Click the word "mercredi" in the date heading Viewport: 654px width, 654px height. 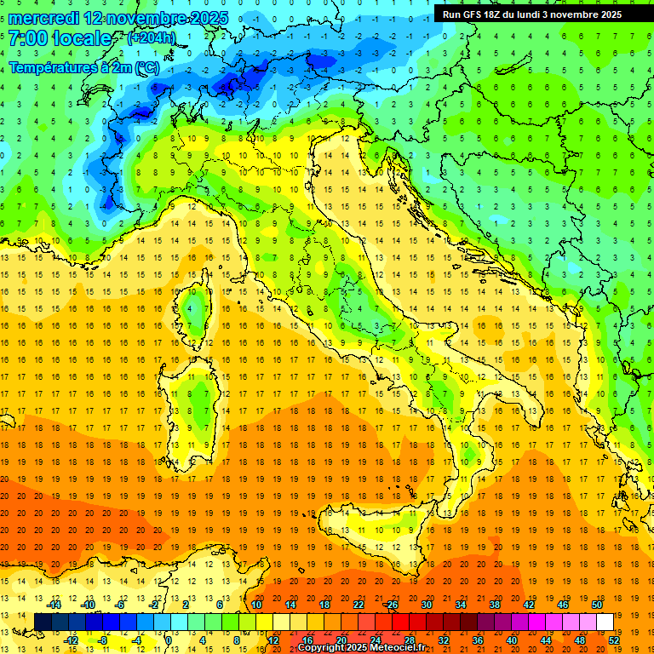(43, 18)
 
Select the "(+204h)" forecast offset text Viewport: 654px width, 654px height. (152, 38)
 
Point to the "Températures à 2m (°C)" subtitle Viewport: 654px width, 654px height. (83, 66)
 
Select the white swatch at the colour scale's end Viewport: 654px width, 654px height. (605, 622)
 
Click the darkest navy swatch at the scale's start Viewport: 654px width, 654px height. (43, 622)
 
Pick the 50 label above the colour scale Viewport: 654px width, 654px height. (596, 605)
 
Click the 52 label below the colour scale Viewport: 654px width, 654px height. (614, 640)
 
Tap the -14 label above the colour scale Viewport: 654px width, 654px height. (53, 605)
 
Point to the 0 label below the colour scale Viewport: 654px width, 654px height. (169, 640)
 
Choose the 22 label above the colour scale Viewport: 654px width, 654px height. (358, 605)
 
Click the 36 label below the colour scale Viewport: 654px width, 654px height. (477, 640)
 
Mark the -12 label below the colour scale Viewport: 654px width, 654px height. (71, 640)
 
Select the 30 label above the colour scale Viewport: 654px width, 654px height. (426, 605)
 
